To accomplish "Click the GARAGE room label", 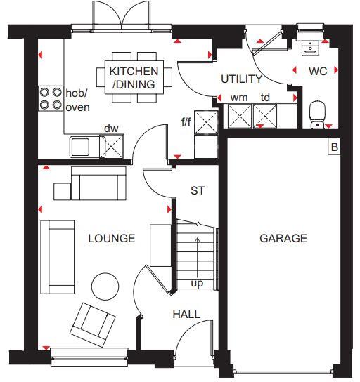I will coord(283,238).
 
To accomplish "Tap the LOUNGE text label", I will coord(111,238).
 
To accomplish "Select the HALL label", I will coord(186,315).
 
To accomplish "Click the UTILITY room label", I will coord(241,79).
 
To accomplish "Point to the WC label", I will coord(317,71).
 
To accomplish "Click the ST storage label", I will coord(198,190).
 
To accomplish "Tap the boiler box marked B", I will coord(334,147).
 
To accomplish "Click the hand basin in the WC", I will coord(308,48).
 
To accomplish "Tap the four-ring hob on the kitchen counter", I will coord(50,99).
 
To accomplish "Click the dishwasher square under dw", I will coord(111,145).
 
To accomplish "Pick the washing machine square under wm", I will coord(240,114).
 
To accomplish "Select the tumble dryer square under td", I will coord(265,114).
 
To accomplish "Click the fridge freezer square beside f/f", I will coord(206,122).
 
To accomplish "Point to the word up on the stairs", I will coord(198,284).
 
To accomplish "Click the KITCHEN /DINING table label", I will coord(133,78).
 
